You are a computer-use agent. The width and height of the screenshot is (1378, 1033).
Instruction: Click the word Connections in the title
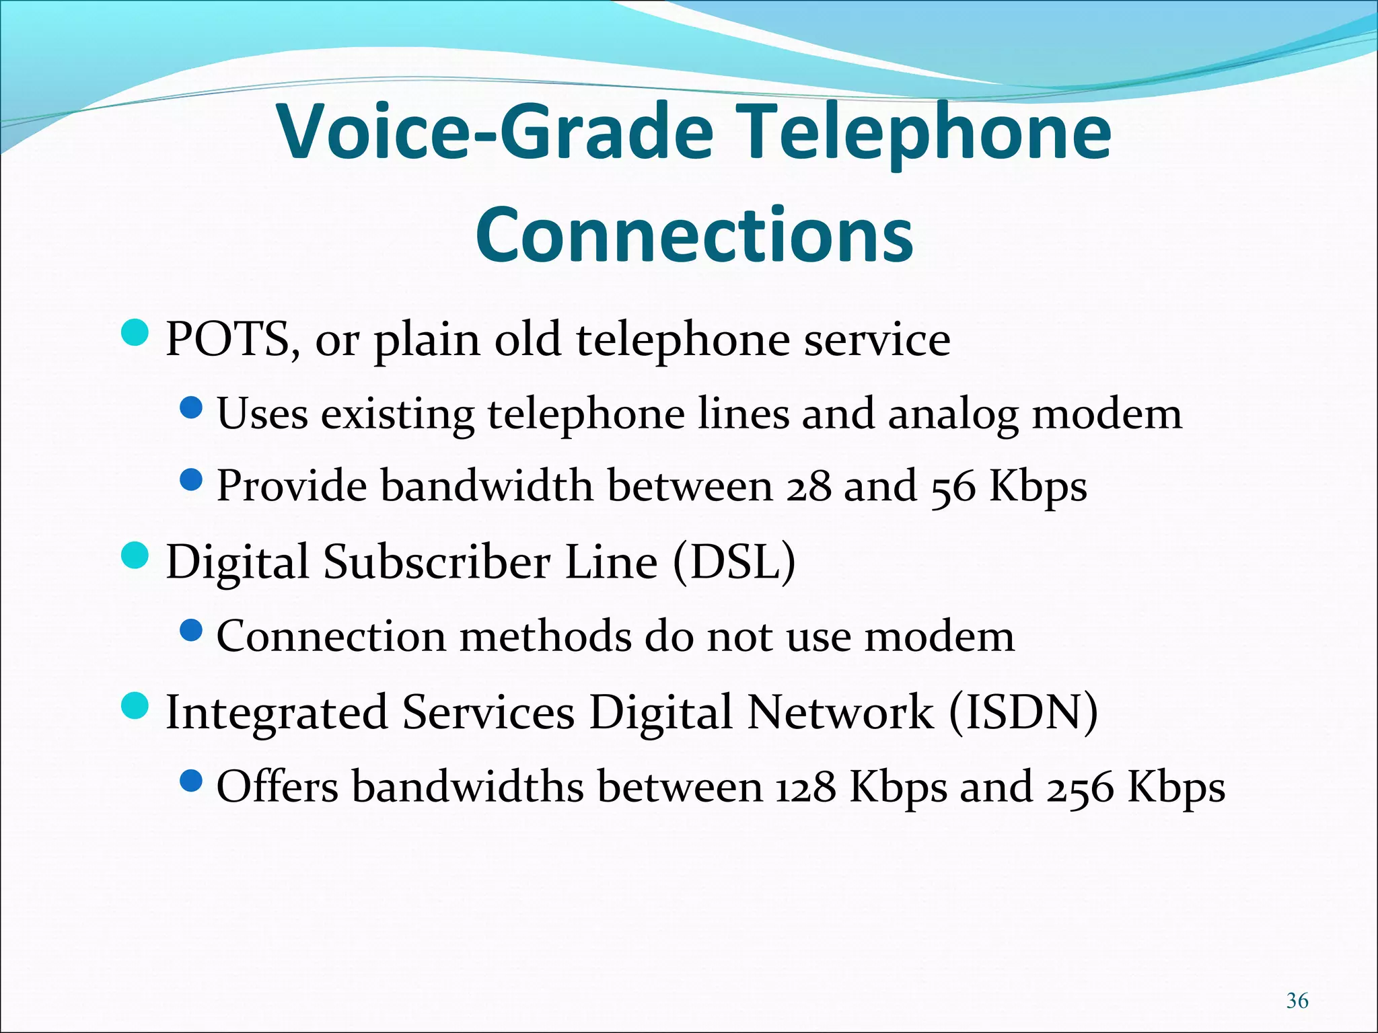coord(694,233)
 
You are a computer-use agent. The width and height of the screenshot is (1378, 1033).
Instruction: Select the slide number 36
coord(1297,1001)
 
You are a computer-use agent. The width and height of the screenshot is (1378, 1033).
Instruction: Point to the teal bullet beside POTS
coord(135,333)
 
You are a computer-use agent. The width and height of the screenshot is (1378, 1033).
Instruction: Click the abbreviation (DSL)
coord(734,562)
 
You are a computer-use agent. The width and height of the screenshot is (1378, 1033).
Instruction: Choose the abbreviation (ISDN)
coord(1023,712)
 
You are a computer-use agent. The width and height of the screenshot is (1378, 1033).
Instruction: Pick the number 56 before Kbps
coord(953,486)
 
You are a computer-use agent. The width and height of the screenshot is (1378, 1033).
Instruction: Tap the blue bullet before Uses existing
coord(192,408)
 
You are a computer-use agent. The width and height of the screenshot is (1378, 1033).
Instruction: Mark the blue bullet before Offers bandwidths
coord(192,781)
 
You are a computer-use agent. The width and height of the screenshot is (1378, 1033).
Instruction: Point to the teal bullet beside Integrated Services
coord(135,706)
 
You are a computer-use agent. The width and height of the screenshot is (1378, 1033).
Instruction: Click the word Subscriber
coord(437,562)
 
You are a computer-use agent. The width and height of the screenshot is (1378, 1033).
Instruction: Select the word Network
coord(840,712)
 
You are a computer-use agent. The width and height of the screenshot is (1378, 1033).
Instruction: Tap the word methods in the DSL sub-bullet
coord(545,636)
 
